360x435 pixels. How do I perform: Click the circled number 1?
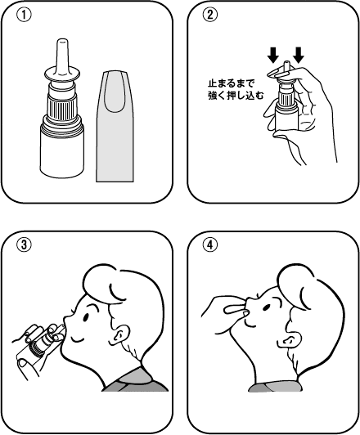[25, 15]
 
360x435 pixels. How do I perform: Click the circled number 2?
[210, 15]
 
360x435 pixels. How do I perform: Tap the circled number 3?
[25, 245]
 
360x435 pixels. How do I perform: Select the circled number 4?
[210, 245]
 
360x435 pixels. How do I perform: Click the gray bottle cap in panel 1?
[115, 126]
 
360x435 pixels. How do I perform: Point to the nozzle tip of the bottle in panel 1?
[62, 41]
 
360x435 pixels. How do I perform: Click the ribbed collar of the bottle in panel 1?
[62, 109]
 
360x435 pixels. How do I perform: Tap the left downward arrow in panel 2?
[273, 55]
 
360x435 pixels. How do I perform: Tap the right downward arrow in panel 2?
[299, 55]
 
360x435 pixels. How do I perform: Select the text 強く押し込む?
[236, 96]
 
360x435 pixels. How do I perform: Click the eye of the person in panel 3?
[86, 316]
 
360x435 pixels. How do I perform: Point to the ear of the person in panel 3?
[120, 335]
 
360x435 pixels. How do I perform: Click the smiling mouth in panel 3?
[77, 339]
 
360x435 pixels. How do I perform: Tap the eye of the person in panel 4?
[266, 307]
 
